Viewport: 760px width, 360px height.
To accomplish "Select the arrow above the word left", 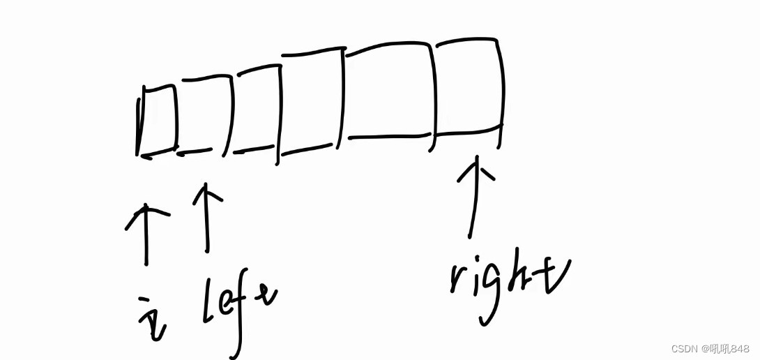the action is tap(206, 216).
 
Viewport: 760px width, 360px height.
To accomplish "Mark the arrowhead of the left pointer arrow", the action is tap(206, 193).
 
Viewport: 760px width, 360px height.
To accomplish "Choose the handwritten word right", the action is tap(509, 283).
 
